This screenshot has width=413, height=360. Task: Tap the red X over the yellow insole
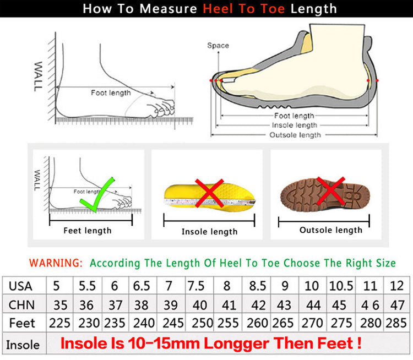209,193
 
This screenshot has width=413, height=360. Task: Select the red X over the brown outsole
331,190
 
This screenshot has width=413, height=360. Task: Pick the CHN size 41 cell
229,305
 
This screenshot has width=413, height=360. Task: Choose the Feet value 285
396,323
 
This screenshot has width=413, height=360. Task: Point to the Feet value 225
60,323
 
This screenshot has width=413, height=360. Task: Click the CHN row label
21,305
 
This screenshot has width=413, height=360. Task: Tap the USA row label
20,286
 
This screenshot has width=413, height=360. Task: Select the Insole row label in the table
23,345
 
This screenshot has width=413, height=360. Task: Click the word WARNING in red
56,263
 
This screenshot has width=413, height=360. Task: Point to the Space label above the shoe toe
218,46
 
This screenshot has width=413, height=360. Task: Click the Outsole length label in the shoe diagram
295,135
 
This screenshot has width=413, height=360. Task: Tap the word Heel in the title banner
218,9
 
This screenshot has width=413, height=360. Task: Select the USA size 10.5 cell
341,286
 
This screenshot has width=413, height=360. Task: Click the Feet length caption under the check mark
88,231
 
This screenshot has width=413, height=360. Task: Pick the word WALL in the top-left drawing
38,77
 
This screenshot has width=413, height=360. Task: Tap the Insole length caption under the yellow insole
210,232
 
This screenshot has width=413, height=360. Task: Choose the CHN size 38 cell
142,305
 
